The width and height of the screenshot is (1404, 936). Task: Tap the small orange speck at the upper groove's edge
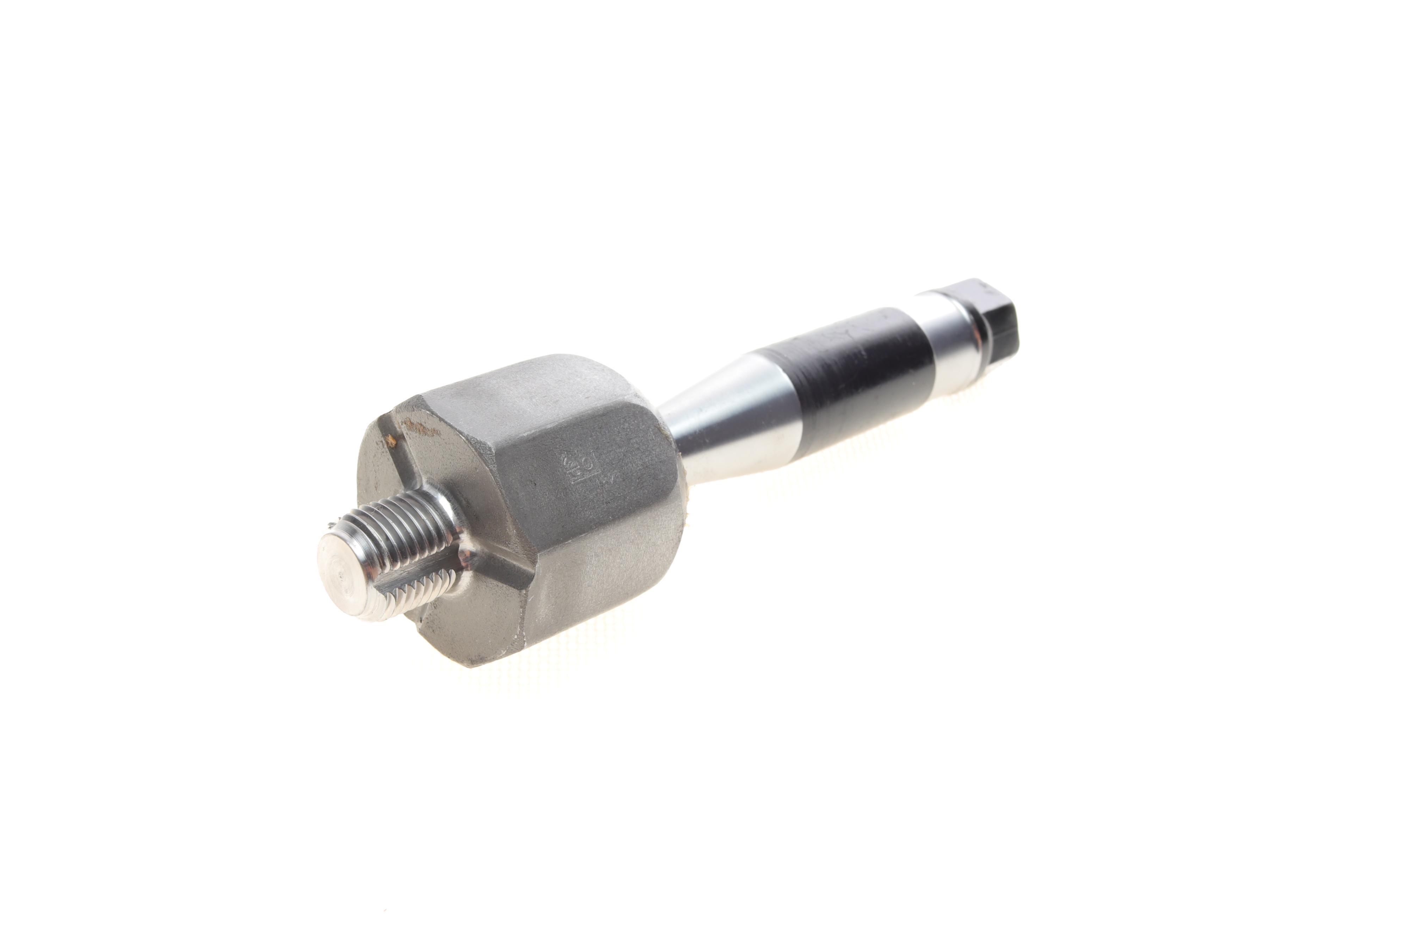(391, 441)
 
